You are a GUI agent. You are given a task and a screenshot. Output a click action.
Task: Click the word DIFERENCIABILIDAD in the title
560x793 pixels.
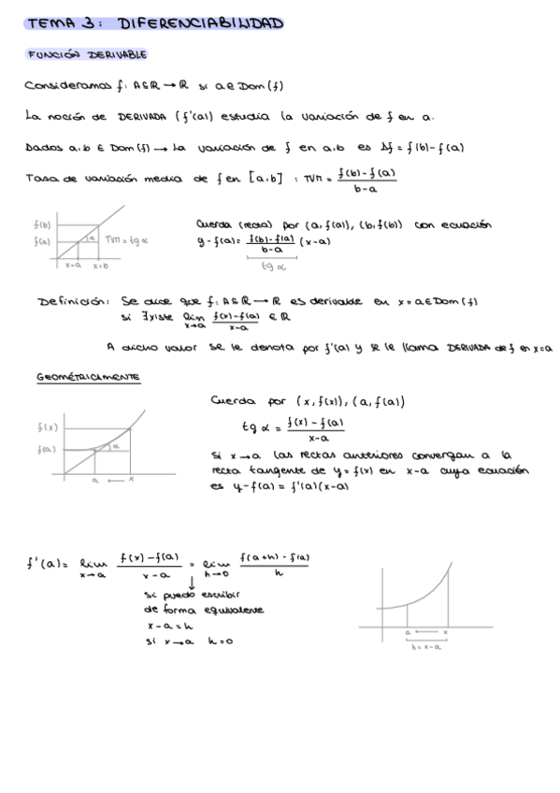(201, 23)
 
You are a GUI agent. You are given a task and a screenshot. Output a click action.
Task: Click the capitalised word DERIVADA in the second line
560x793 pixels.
(131, 117)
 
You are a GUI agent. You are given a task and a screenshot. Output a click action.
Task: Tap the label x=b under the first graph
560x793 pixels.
(100, 266)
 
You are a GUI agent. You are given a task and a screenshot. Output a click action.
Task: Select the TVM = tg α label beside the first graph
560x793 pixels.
(127, 241)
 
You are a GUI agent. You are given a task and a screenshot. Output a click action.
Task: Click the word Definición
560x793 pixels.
(73, 302)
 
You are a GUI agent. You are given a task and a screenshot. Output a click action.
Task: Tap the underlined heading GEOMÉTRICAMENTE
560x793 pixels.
(88, 377)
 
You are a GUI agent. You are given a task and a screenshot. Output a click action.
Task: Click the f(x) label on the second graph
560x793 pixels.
(46, 428)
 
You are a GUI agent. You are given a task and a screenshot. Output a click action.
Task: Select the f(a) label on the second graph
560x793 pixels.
(46, 449)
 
